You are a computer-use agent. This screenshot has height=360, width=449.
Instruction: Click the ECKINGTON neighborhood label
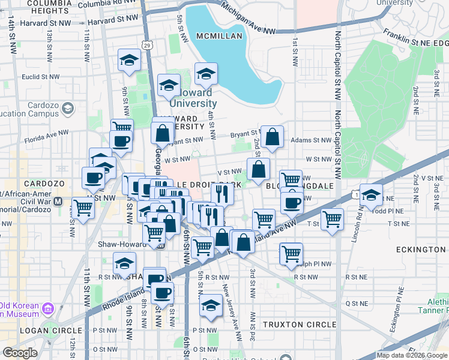point(421,249)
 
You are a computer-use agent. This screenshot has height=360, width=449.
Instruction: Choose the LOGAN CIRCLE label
point(50,331)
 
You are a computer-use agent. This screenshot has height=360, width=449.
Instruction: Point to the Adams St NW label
point(311,140)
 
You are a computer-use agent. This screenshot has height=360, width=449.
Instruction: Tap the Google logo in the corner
point(20,353)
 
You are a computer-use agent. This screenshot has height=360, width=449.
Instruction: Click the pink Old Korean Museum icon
point(48,309)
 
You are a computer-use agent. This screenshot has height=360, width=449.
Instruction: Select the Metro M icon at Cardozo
point(58,201)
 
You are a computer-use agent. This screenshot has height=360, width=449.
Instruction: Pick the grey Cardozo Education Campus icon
point(68,109)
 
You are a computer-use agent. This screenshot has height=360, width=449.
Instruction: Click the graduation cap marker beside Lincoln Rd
point(372,196)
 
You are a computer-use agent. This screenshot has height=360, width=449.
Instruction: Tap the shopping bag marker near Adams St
point(272,137)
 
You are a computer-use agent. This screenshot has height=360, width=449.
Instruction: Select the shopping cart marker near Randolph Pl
point(291,253)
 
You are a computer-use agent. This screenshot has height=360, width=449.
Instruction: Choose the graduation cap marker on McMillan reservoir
point(206,75)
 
